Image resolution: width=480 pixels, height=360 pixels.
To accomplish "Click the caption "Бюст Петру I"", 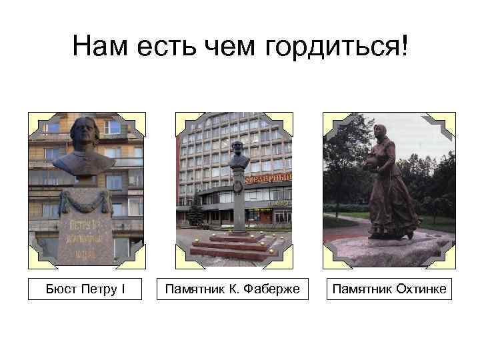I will click(x=85, y=290).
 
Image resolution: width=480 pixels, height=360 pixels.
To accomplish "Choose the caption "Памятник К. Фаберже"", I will click(x=233, y=290).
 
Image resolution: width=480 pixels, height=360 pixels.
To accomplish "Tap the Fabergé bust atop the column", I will click(x=238, y=156).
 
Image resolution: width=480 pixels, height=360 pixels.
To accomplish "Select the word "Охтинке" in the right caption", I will click(x=415, y=290).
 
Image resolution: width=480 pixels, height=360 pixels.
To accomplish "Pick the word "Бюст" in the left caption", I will click(x=61, y=290).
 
